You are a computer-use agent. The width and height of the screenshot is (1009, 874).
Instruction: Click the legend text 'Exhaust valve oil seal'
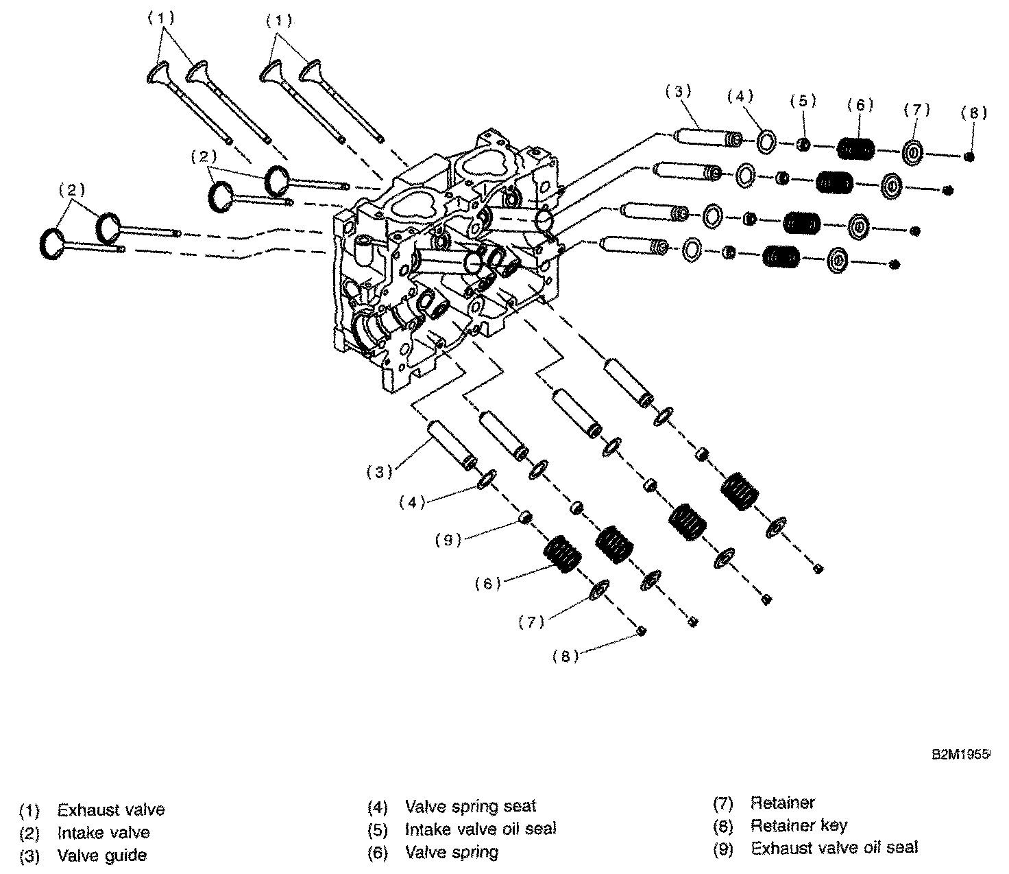pyautogui.click(x=834, y=848)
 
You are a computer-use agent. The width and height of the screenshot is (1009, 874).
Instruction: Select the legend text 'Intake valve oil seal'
pyautogui.click(x=481, y=829)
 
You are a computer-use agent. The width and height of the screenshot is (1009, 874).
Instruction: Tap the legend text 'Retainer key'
pyautogui.click(x=799, y=825)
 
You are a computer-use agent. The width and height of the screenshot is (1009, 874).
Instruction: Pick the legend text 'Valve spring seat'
pyautogui.click(x=470, y=806)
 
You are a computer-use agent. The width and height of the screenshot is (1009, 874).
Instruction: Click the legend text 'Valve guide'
pyautogui.click(x=101, y=855)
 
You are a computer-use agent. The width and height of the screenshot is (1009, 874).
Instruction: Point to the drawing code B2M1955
pyautogui.click(x=960, y=754)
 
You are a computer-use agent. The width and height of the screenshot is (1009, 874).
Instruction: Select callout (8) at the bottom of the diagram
pyautogui.click(x=566, y=657)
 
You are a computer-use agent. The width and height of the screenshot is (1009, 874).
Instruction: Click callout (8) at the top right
pyautogui.click(x=974, y=114)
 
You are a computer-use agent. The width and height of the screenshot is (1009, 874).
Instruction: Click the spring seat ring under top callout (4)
pyautogui.click(x=766, y=143)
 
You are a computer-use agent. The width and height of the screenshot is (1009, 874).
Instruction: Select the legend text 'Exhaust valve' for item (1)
pyautogui.click(x=111, y=810)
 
